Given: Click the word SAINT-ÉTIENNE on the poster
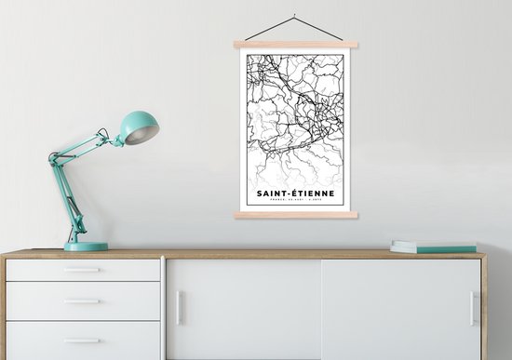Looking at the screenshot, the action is (x=296, y=194).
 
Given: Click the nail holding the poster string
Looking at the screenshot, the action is (x=294, y=16).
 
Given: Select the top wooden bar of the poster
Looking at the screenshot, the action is (x=296, y=45).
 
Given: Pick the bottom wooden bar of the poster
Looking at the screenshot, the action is (x=296, y=215).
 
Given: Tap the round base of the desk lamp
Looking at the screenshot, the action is (x=86, y=247).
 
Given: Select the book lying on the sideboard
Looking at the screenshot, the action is (x=433, y=247).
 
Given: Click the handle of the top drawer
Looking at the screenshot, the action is (x=83, y=270).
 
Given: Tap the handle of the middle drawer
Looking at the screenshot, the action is (x=83, y=300).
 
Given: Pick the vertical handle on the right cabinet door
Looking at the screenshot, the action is (x=472, y=308).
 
